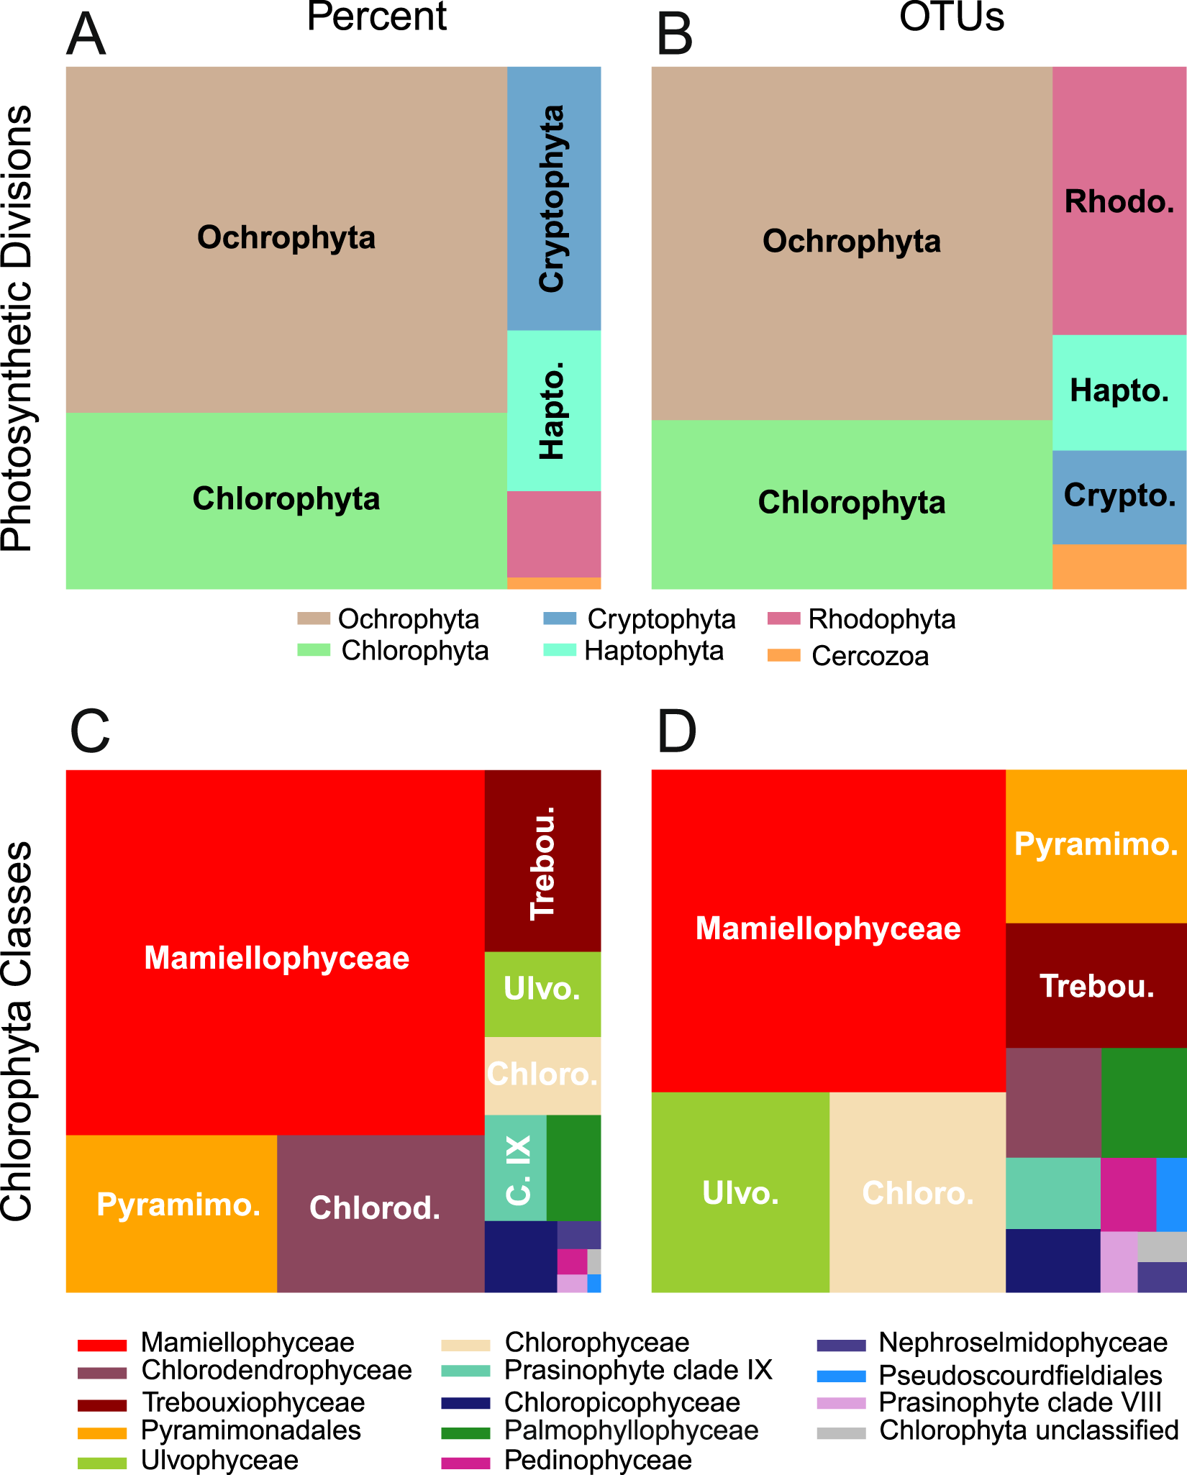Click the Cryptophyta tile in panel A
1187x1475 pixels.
[x=553, y=198]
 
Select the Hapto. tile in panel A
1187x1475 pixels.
[x=553, y=411]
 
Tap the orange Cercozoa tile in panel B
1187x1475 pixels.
[x=1119, y=567]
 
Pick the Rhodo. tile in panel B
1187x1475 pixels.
[x=1119, y=201]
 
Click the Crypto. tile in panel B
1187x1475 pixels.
[x=1119, y=496]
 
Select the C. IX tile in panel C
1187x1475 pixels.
[x=516, y=1169]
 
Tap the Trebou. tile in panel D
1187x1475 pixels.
[x=1096, y=985]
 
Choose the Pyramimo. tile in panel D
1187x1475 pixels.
[x=1096, y=846]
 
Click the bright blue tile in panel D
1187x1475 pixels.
[x=1171, y=1194]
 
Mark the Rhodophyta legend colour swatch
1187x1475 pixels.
[x=783, y=618]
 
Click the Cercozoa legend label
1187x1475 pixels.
[x=870, y=656]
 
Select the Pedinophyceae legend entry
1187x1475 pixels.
[x=598, y=1460]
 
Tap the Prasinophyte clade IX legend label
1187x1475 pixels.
[x=638, y=1370]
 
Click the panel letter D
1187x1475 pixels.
[x=677, y=732]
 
